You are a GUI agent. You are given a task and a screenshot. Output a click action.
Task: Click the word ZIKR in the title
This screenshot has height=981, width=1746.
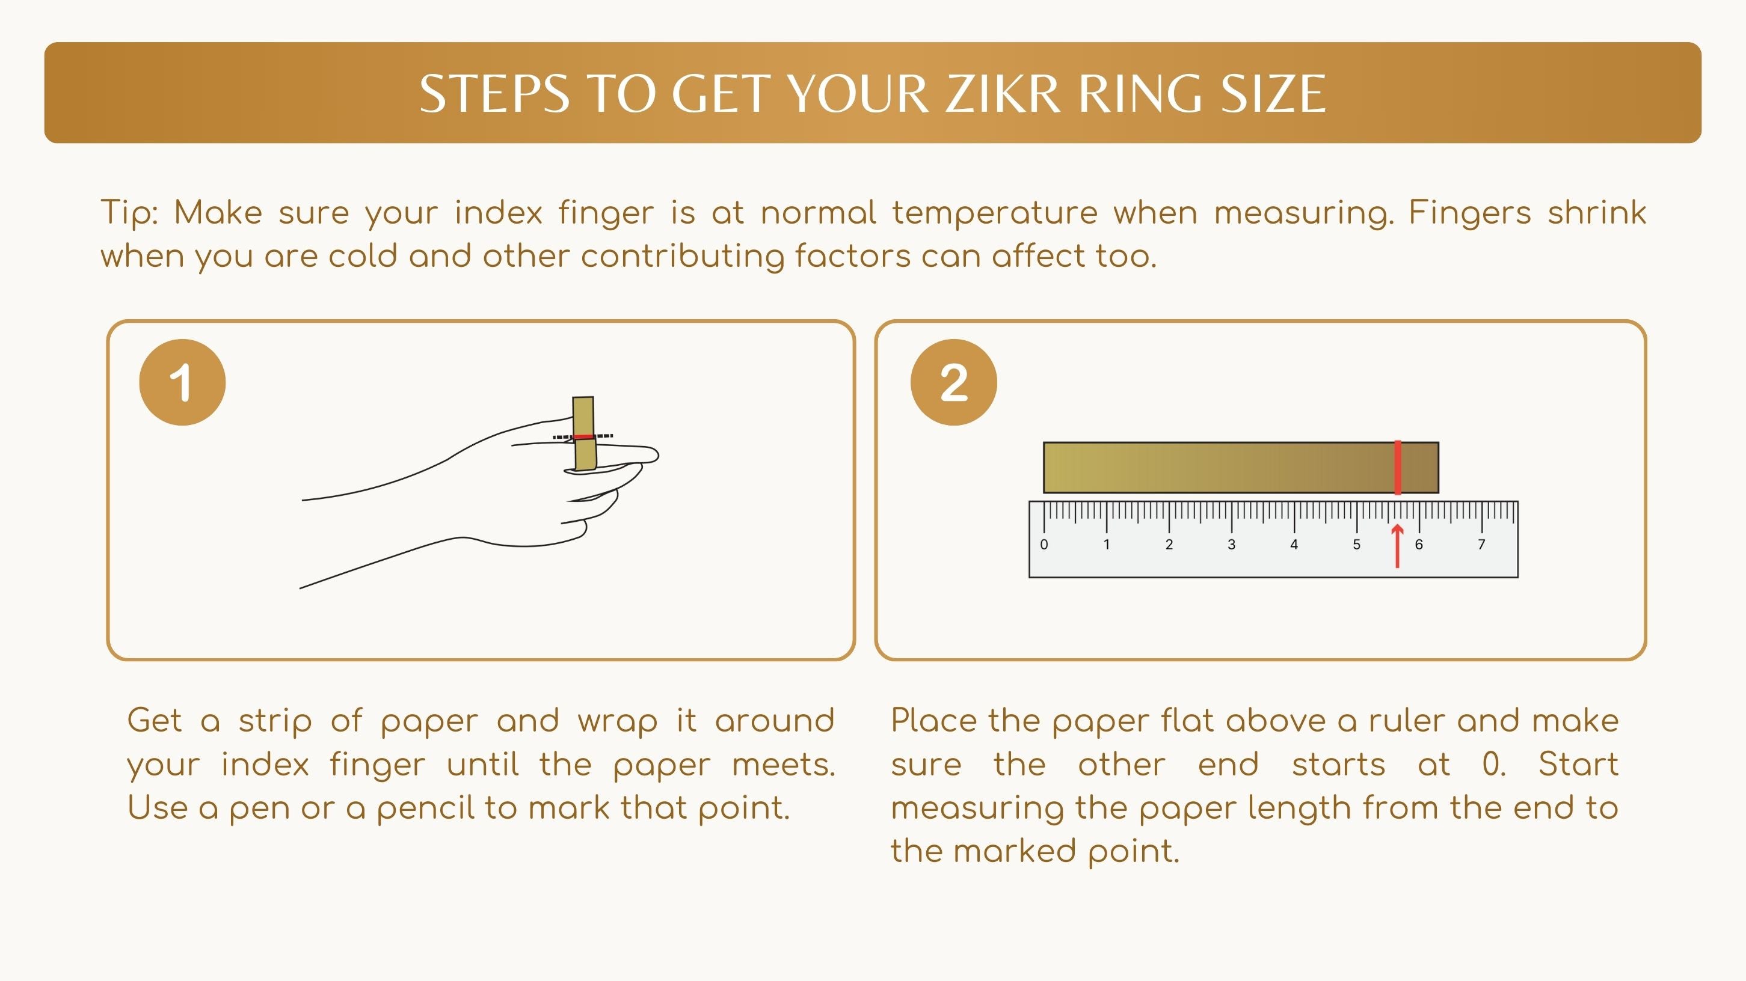[1003, 94]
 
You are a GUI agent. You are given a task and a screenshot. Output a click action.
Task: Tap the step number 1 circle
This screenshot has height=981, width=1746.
[182, 382]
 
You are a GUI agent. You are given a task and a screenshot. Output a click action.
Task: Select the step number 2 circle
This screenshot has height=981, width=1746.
[954, 382]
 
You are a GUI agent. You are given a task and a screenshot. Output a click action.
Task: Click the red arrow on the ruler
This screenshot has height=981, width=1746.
[1397, 546]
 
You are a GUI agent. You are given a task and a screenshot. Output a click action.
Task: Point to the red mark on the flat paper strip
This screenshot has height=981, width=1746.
[1398, 468]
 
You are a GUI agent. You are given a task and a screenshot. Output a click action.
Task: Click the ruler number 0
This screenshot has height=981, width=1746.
[1044, 544]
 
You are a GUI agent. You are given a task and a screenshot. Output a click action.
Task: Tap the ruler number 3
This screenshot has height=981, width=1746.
[1232, 544]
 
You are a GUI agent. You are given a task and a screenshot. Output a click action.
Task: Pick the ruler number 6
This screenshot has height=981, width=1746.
[1419, 544]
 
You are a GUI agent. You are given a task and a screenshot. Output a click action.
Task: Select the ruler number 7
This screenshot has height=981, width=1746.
[1481, 544]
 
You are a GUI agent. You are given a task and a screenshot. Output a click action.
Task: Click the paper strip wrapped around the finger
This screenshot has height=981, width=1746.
[583, 433]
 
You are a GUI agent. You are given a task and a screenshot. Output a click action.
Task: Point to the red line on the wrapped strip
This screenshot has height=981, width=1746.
[583, 437]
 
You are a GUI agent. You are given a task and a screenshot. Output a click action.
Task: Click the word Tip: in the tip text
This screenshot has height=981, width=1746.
[129, 213]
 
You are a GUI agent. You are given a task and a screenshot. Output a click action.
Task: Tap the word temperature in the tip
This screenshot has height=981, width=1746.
[994, 213]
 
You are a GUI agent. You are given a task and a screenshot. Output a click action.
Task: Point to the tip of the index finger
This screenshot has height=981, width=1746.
[658, 454]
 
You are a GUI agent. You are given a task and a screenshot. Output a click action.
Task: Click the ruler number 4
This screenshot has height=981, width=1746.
[1294, 544]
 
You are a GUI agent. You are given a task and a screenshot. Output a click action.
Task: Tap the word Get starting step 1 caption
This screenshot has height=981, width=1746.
[155, 721]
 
